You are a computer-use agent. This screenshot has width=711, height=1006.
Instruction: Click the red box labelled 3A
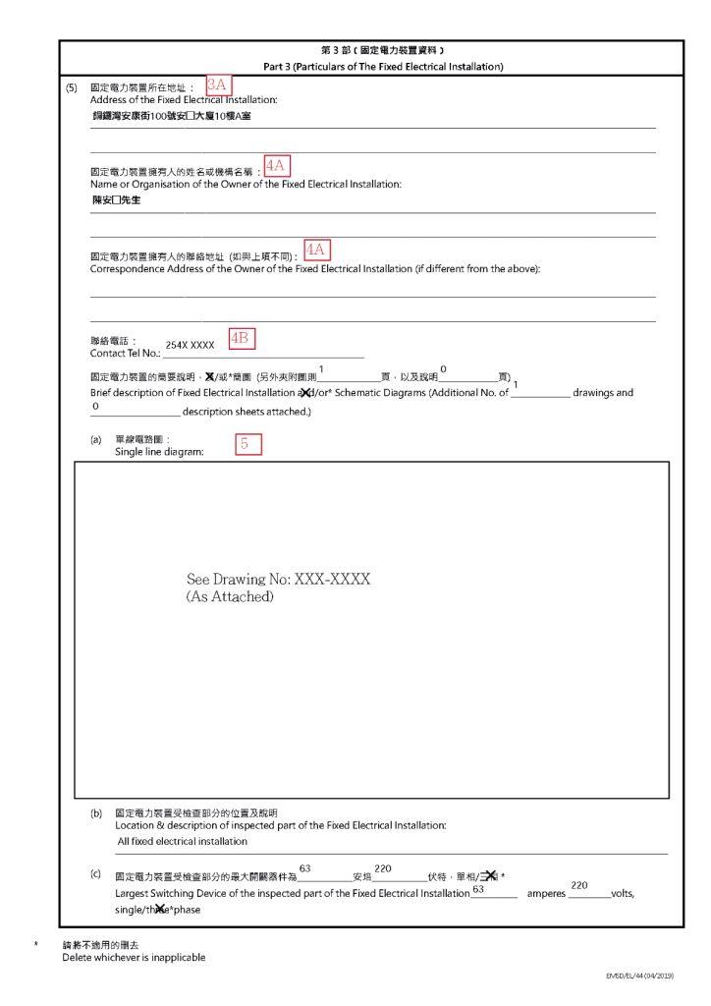[218, 85]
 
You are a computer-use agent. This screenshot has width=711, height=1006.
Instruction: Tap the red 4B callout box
[241, 338]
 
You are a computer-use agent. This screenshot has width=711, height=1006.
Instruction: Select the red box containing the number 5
[249, 444]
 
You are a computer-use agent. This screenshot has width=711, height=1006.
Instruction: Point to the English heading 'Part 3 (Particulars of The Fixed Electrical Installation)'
[383, 66]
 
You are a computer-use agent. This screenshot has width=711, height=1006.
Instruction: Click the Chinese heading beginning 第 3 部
[383, 49]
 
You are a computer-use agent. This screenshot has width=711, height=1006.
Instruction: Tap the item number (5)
[71, 87]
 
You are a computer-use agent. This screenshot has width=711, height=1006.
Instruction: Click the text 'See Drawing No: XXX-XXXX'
[278, 580]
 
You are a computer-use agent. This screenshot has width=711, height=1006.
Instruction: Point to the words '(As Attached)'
[229, 596]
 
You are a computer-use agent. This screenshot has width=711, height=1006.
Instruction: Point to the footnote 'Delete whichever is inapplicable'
[135, 957]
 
